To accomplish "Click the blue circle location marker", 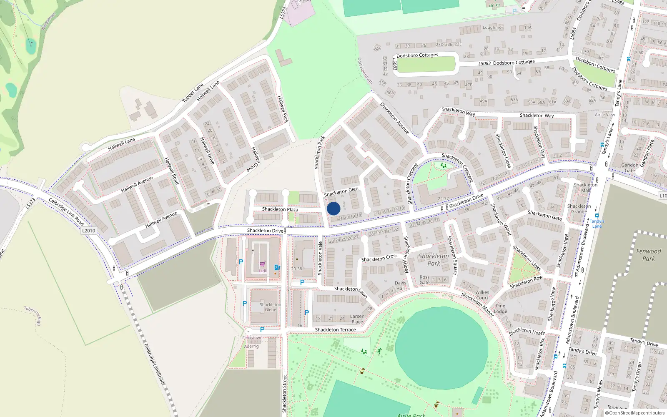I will [x=333, y=208].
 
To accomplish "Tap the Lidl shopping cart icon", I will [x=262, y=264].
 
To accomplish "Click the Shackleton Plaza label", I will [x=280, y=209].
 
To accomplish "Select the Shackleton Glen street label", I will [x=341, y=192].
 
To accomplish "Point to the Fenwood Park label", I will [x=648, y=255].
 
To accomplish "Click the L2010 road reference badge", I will [x=88, y=231].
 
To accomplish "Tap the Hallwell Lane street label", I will [x=121, y=144].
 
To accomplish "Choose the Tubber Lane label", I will [x=193, y=93].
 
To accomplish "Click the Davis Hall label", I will [x=400, y=286].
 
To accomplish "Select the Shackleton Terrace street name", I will [x=335, y=330].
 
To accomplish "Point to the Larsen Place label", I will [x=357, y=319].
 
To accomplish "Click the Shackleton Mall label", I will [x=585, y=188].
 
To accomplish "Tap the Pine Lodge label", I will [x=500, y=309].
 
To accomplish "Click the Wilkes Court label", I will [x=482, y=295].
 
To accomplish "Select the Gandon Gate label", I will [x=629, y=168].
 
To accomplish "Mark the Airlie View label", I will [x=604, y=115].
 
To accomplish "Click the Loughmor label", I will [x=493, y=28].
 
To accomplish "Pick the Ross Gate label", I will [x=424, y=280].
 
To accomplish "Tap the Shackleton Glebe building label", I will [x=270, y=307].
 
